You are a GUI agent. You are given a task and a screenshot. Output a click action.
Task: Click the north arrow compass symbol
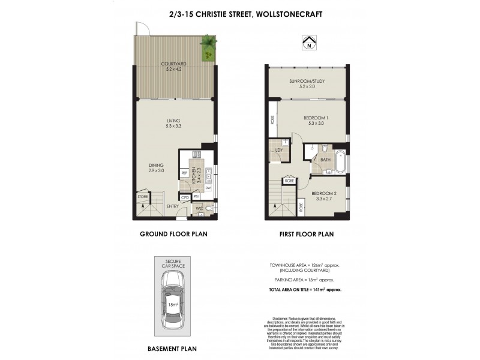(x=308, y=43)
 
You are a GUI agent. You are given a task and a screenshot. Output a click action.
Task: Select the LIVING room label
(x=173, y=123)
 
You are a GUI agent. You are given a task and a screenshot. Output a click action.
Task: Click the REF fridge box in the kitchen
(x=185, y=173)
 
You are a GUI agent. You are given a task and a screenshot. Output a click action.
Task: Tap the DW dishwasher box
(x=208, y=188)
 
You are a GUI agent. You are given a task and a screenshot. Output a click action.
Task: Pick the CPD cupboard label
(x=185, y=197)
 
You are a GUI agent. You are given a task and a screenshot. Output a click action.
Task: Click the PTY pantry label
(x=196, y=197)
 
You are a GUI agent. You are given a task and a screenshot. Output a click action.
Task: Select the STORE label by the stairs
(x=142, y=196)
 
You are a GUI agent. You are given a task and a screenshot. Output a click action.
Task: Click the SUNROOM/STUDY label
(x=307, y=83)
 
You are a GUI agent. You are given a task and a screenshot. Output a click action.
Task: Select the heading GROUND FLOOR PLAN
(x=173, y=235)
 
